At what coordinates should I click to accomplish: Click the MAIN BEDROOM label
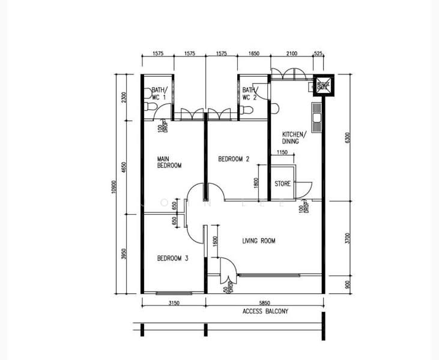169,162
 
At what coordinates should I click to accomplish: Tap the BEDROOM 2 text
234,159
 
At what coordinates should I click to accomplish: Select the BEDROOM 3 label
173,259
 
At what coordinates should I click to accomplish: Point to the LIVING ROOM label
259,241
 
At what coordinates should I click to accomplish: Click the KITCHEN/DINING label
294,138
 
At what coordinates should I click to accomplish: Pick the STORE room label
283,184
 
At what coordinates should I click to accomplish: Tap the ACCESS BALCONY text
265,311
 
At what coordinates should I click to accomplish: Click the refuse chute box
322,86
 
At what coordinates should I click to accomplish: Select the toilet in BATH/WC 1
150,108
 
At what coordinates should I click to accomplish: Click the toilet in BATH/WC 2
247,110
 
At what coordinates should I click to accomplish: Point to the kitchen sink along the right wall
316,112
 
